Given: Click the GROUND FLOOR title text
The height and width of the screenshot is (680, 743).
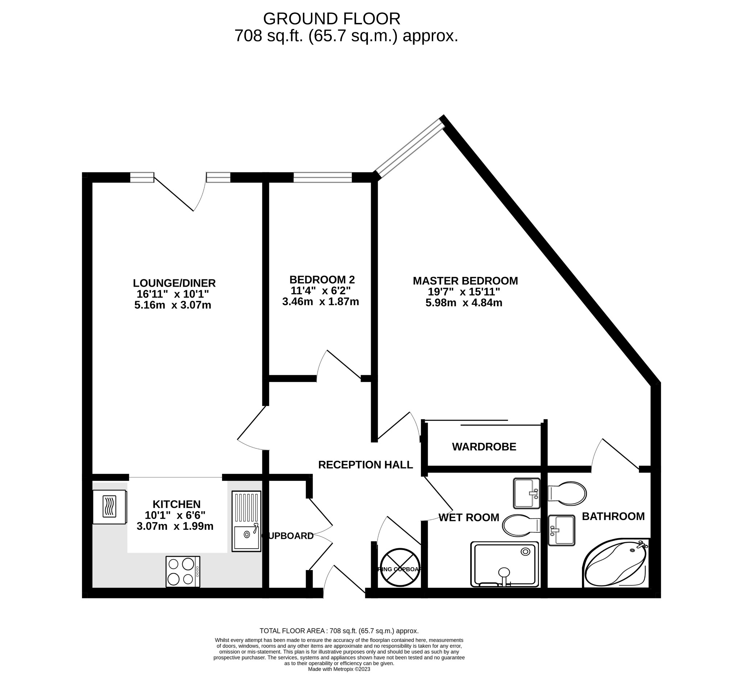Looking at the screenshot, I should [331, 19].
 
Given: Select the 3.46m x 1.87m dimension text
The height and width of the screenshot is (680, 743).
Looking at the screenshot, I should [320, 302].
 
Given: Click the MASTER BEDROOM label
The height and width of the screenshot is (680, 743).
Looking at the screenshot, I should [465, 281].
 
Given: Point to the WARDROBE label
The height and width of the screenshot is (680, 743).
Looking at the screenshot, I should [484, 447].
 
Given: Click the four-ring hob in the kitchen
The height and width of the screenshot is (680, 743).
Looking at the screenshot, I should [183, 572].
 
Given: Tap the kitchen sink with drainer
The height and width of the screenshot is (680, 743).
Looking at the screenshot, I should [246, 521].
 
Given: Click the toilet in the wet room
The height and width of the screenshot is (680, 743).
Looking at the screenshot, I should [521, 525].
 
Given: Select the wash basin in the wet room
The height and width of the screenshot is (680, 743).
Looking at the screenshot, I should [526, 493].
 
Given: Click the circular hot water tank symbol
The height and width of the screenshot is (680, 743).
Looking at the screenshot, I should [400, 568].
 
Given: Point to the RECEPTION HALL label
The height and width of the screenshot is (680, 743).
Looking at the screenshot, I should [365, 465].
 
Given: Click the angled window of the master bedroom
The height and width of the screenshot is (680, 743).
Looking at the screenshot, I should [410, 147].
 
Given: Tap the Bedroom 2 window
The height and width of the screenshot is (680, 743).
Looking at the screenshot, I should [323, 177].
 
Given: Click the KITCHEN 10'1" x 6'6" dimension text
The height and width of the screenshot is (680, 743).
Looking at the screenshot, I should [176, 515].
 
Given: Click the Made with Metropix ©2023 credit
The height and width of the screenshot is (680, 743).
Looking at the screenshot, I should [339, 669].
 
